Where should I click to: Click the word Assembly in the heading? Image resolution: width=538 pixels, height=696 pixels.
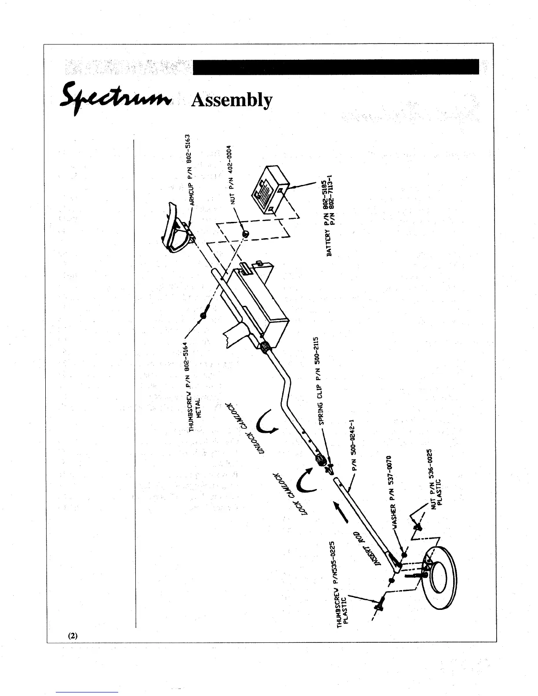click(232, 100)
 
